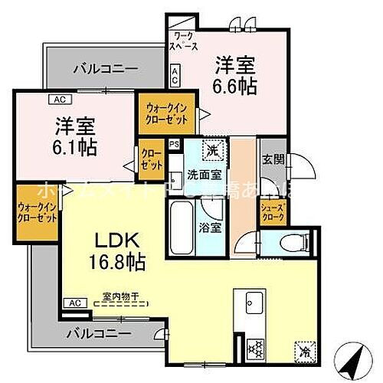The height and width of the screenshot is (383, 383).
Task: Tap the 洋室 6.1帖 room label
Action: coord(74,136)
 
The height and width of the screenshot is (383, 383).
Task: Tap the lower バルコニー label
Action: coord(97,333)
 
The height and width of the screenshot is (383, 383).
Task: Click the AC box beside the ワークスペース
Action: coord(175,74)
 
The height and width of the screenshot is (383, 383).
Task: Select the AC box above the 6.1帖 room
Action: coord(58,99)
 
